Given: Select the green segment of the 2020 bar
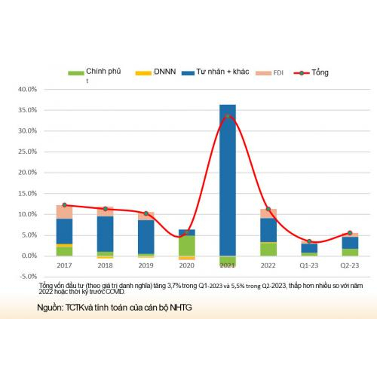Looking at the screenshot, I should coord(186,246).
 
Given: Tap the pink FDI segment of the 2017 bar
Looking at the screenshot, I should coord(64,212).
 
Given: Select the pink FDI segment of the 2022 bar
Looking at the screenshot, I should coord(268,213).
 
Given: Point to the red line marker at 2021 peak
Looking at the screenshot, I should coord(227,116).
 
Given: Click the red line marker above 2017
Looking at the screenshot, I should coord(64,205).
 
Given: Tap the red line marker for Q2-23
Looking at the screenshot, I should coord(349,233).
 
